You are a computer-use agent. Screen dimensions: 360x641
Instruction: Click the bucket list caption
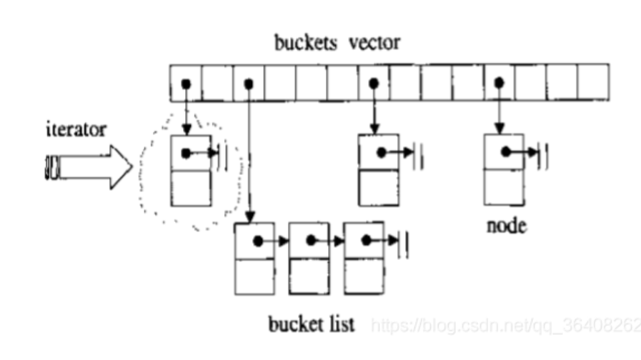point(312,325)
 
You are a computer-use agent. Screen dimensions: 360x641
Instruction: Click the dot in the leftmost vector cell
point(185,84)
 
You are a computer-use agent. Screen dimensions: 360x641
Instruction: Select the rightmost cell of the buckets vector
point(593,83)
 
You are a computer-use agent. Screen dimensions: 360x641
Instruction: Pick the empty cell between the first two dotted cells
point(217,83)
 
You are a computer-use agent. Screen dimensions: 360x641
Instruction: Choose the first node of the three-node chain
point(254,259)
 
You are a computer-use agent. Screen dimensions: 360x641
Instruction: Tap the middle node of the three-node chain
point(309,259)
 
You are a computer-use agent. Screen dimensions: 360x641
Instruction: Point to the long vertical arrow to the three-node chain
point(248,150)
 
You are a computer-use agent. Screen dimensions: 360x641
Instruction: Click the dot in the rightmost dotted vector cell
point(499,84)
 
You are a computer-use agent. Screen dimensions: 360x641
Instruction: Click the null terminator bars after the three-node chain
point(404,241)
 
